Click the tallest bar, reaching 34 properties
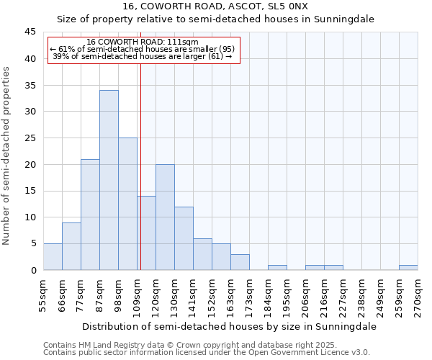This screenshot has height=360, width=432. [109, 180]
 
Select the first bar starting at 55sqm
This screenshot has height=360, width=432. [53, 256]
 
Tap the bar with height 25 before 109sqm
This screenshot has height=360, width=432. [127, 204]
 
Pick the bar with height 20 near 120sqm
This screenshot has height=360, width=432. [165, 217]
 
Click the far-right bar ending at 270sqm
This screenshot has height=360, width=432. [408, 267]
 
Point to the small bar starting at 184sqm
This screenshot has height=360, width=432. [277, 267]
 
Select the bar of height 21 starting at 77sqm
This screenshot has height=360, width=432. [90, 215]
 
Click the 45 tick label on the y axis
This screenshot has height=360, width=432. [30, 32]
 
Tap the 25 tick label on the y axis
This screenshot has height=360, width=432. [30, 138]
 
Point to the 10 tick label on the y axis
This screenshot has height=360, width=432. [30, 217]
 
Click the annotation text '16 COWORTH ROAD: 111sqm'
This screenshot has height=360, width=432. [142, 42]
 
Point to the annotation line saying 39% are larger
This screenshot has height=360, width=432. [142, 56]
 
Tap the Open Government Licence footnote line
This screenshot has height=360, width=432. [207, 352]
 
